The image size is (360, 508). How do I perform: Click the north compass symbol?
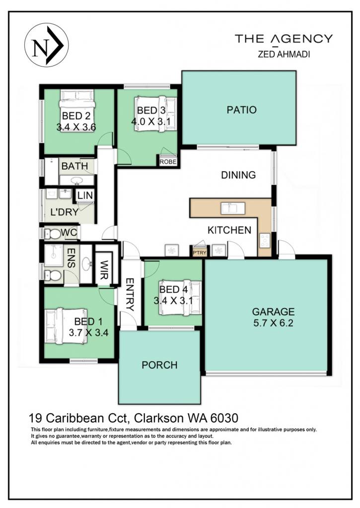pos(47,45)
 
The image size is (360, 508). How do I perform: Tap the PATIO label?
pos(242,110)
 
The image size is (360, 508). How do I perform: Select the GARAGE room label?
pos(274,312)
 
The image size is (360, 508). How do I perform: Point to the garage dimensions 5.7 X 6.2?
pos(274,323)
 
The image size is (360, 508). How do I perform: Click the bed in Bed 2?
pos(77,107)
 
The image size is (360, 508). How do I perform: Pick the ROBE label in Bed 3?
pos(168,162)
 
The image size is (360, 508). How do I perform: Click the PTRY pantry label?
pos(200,253)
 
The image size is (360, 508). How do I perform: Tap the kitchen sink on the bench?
pos(233,208)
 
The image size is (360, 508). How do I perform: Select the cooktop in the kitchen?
pos(265,241)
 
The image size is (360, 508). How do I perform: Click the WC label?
pos(69,232)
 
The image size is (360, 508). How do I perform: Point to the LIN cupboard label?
pos(85,195)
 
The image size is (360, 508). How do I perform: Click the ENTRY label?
pos(130,295)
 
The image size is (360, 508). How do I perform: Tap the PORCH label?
pos(159,365)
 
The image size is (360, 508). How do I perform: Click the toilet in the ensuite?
pos(53,276)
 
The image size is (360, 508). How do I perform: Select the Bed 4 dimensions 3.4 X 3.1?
pos(173,301)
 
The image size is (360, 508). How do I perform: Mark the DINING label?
pos(238,175)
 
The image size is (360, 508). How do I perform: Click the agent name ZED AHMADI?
pos(284,55)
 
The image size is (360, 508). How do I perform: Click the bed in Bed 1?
pos(66,325)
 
